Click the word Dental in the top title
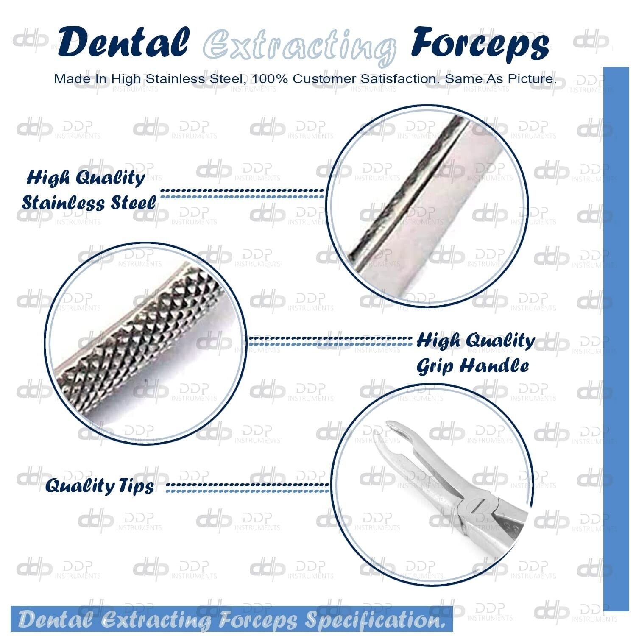point(124,42)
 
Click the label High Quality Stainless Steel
point(89,190)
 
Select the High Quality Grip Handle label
point(475,353)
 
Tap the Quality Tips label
point(100,485)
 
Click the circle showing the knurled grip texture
point(146,344)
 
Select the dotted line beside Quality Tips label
point(248,487)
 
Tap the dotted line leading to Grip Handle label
point(330,340)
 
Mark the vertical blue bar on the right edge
point(616,339)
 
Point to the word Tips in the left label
point(136,486)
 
